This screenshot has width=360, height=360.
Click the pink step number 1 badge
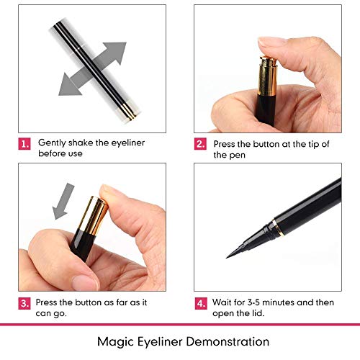[x=26, y=144]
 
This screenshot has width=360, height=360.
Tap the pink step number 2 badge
[x=201, y=144]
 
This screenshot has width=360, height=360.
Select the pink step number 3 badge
[x=26, y=302]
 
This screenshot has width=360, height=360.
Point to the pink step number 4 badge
[x=201, y=302]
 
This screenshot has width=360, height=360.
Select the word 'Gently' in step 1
[x=52, y=143]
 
